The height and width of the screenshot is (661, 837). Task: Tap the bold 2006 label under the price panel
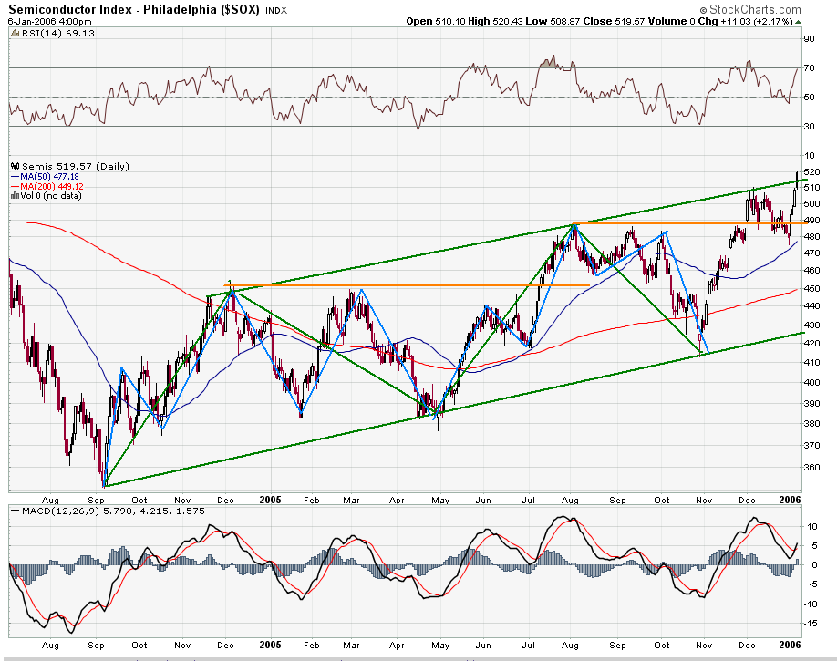click(x=790, y=499)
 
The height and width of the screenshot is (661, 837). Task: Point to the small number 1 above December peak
click(x=229, y=284)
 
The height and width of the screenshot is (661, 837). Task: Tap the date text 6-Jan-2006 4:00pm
click(x=44, y=21)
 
